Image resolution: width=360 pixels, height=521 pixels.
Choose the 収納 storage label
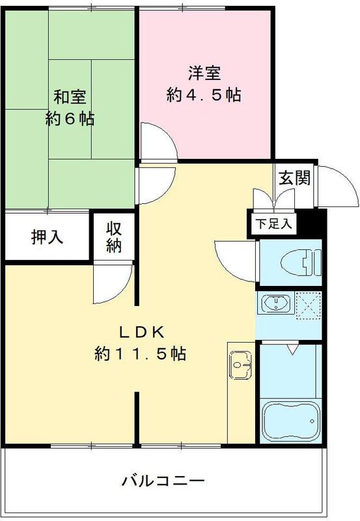point(115,237)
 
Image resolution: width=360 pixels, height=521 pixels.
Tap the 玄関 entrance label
point(294,177)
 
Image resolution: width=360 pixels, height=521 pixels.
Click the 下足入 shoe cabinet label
point(273,223)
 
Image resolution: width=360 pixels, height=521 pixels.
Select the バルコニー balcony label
point(163,482)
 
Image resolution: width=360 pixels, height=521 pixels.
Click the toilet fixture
point(299,263)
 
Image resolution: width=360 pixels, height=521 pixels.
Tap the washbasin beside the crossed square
point(277,303)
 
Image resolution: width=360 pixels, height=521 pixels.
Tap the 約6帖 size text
point(70,119)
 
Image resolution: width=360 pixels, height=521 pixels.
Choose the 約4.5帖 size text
point(203,95)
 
